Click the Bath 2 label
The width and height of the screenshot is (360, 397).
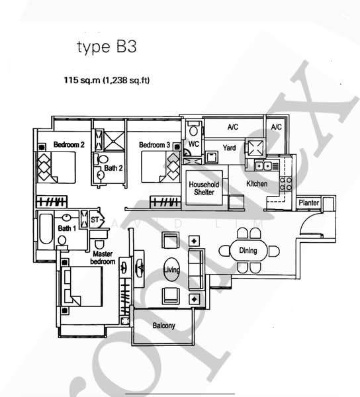pos(113,168)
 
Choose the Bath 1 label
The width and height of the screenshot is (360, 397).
pos(66,228)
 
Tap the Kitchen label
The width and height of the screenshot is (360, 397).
pos(257,183)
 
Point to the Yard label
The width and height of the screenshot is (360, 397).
pos(230,148)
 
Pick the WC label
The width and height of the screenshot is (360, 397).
pos(194,144)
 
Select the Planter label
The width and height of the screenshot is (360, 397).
pos(308,202)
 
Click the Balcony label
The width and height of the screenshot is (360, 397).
pos(163,326)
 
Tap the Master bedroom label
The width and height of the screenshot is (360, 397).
pos(104,257)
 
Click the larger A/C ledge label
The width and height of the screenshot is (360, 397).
pos(233,126)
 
